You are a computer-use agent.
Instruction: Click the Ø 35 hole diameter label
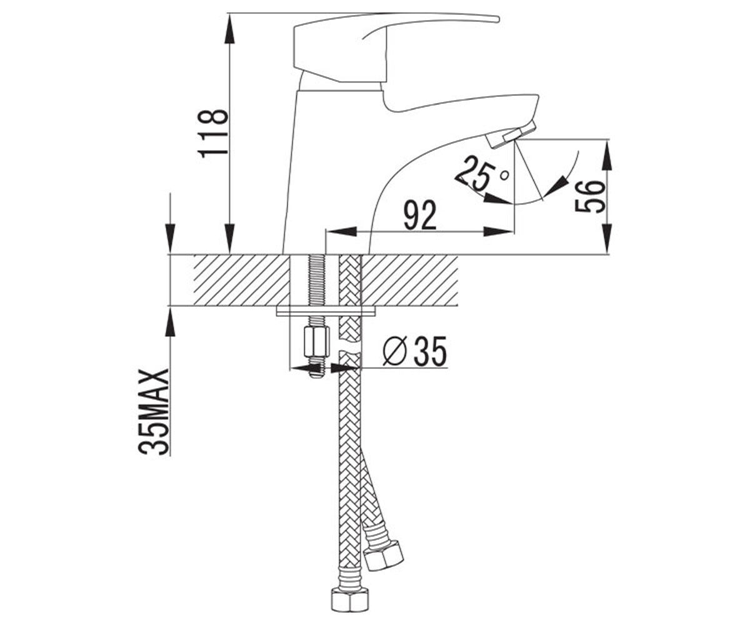tap(414, 350)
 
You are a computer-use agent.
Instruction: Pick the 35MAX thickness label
tap(152, 412)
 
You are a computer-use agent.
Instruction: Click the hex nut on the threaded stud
tap(316, 341)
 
